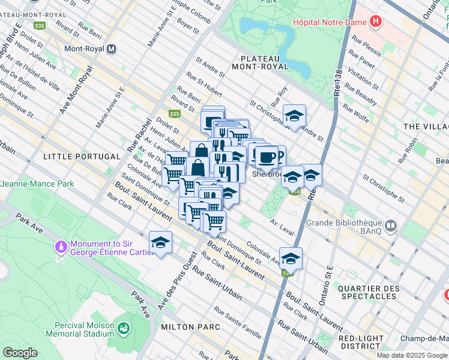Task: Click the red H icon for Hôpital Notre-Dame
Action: pyautogui.click(x=376, y=22)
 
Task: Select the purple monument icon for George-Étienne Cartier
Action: pyautogui.click(x=61, y=247)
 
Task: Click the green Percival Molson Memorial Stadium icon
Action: pyautogui.click(x=124, y=328)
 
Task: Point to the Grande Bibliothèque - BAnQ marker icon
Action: pyautogui.click(x=391, y=226)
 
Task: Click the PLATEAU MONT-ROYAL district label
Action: pyautogui.click(x=264, y=62)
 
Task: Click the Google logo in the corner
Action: pyautogui.click(x=20, y=353)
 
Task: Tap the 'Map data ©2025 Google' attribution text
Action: pyautogui.click(x=411, y=355)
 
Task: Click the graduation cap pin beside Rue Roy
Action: pyautogui.click(x=294, y=116)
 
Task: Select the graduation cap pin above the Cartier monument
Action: pyautogui.click(x=160, y=243)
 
